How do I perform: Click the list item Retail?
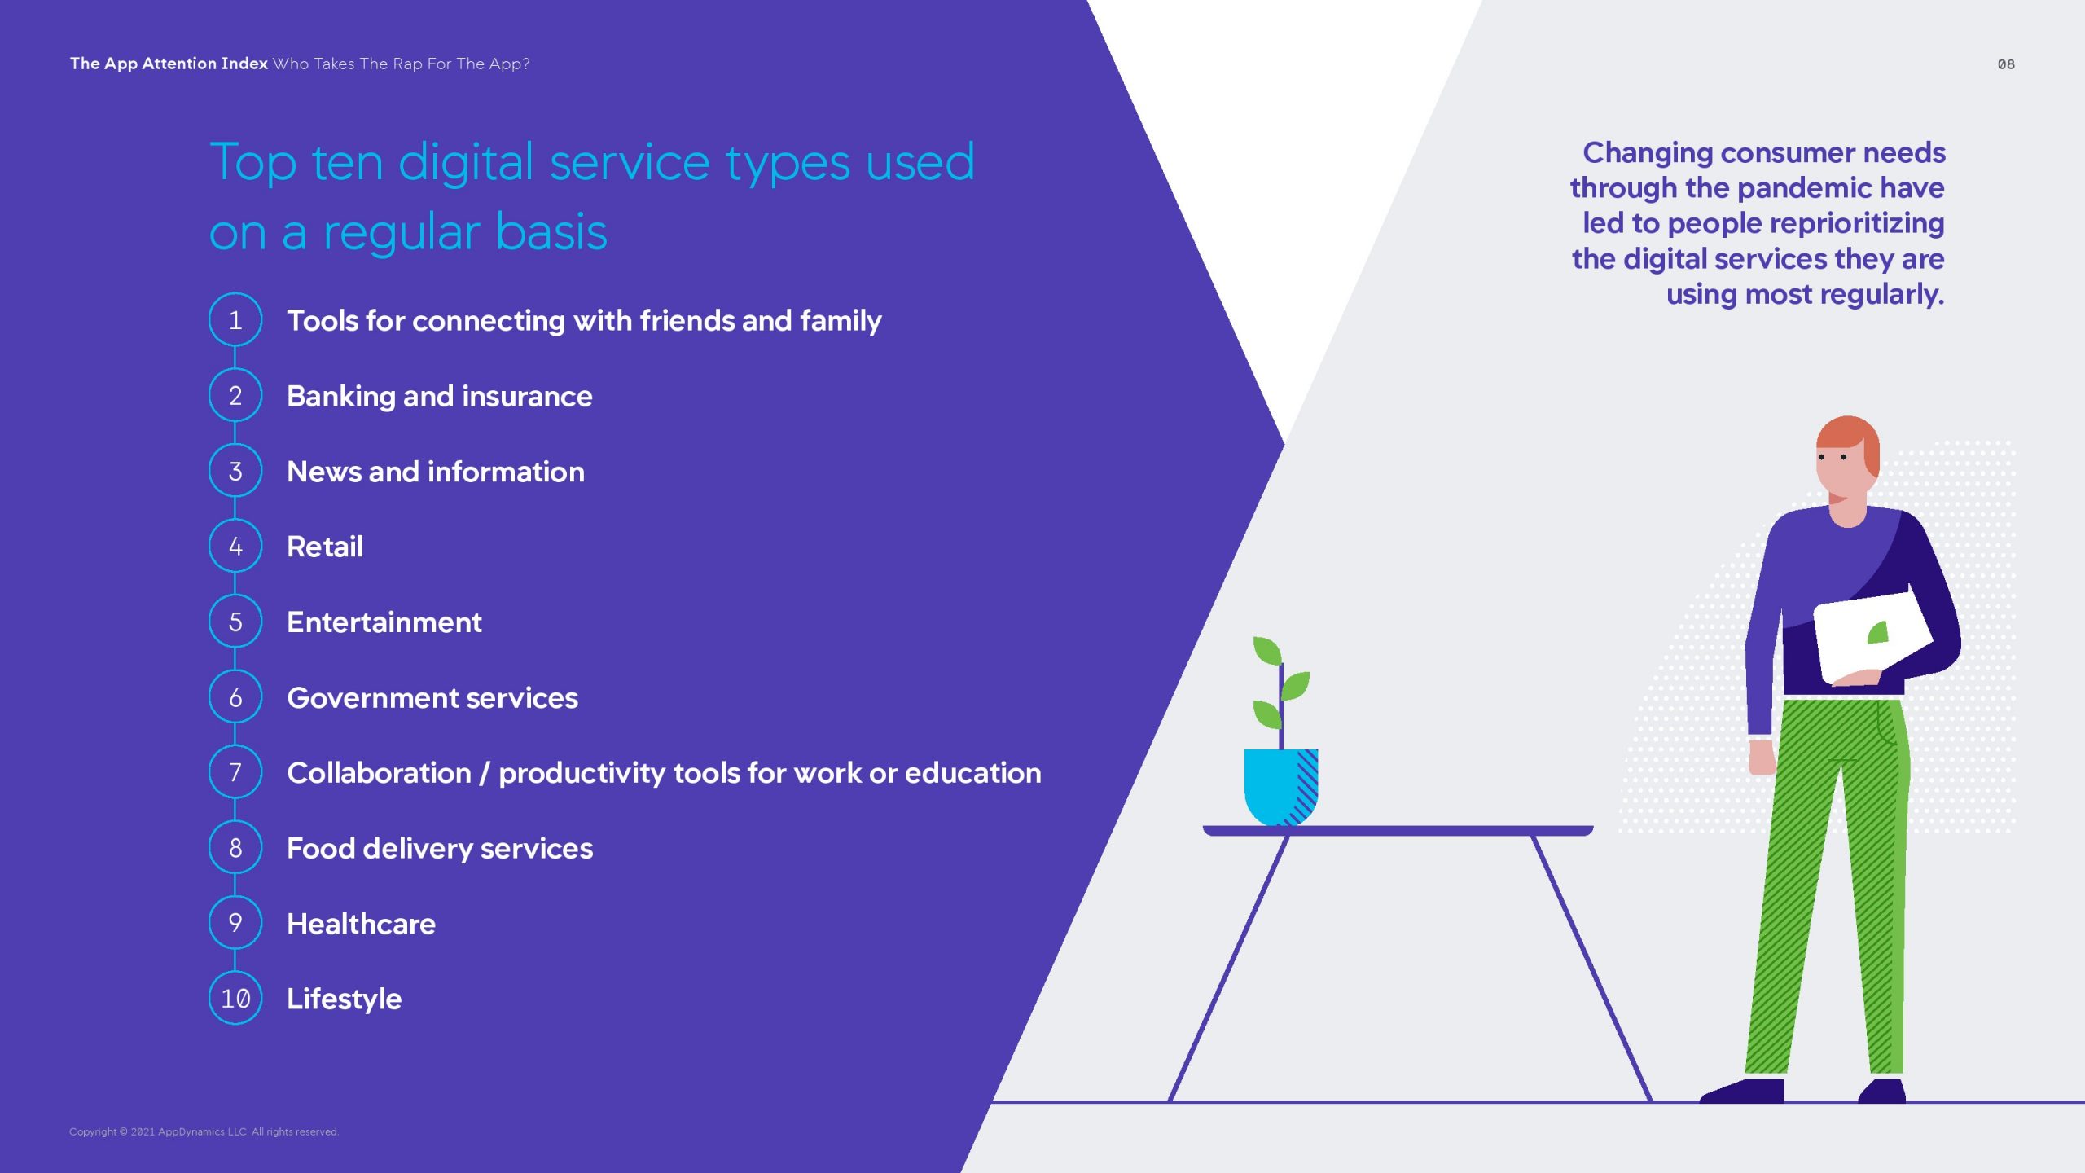325,547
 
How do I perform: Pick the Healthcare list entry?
361,924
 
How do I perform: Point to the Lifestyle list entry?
344,999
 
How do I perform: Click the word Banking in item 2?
341,397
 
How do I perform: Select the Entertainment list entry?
384,622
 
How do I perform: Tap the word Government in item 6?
372,698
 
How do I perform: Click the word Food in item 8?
321,849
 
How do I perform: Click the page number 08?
2006,64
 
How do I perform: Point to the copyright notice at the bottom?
204,1131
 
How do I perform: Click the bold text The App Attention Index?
169,64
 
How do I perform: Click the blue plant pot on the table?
1281,787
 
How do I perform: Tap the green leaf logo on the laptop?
1878,633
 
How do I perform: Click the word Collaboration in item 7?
379,773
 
